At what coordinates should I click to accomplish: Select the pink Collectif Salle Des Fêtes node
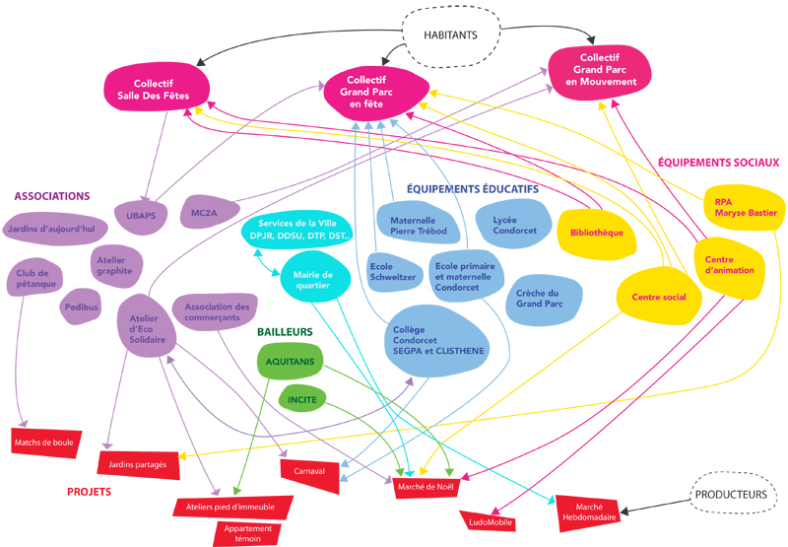coord(159,88)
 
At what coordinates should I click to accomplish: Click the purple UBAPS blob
coord(142,213)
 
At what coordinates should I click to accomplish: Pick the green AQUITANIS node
coord(289,363)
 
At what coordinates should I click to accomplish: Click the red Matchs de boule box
coord(44,443)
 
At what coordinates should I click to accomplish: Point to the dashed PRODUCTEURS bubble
coord(730,495)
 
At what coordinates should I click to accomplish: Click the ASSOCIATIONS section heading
coord(52,196)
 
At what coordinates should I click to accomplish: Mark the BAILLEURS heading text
coord(285,333)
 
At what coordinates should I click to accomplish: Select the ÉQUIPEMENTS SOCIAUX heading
coord(718,163)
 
